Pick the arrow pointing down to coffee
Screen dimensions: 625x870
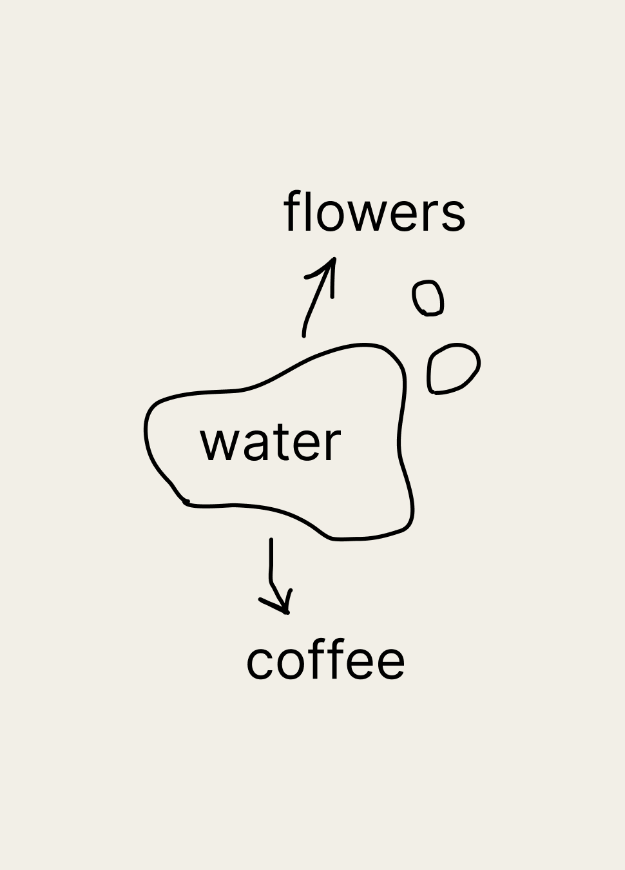273,574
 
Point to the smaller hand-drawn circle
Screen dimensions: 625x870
428,298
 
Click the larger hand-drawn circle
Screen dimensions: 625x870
453,369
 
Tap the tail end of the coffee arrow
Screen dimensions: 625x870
271,540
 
